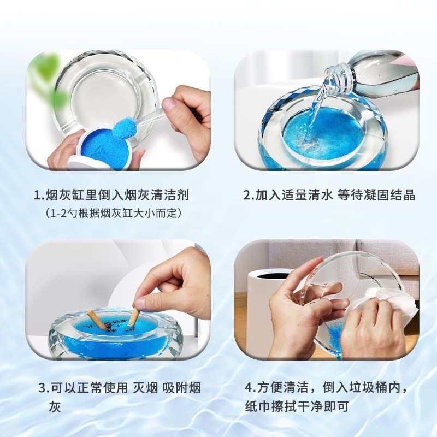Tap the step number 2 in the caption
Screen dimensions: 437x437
246,195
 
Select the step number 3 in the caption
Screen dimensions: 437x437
42,388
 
